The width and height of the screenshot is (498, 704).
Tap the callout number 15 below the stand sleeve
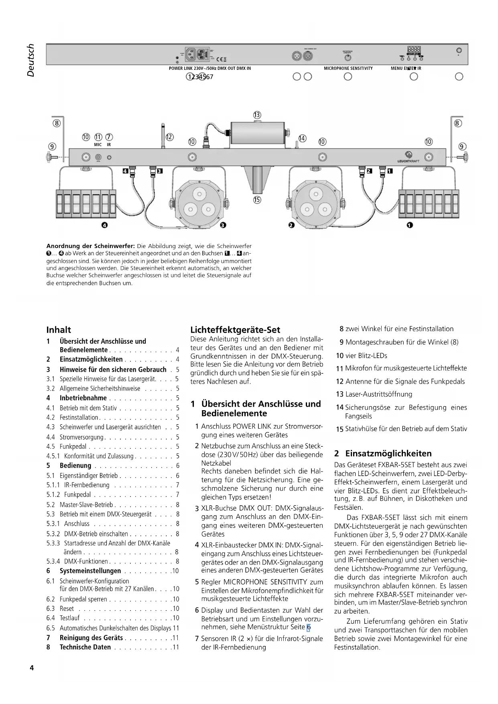click(257, 199)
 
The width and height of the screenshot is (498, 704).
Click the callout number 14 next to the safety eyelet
click(302, 138)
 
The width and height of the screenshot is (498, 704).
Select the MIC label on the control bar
click(98, 144)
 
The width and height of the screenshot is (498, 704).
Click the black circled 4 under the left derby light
click(105, 226)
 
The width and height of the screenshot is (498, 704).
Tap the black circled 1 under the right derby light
click(409, 226)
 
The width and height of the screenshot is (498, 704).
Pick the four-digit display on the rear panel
click(413, 49)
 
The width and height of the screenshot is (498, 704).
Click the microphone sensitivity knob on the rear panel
click(348, 57)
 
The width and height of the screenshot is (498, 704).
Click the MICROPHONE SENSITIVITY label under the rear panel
click(348, 69)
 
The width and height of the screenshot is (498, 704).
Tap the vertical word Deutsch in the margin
click(30, 60)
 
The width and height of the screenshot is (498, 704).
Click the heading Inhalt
click(59, 330)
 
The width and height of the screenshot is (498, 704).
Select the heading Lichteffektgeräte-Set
click(235, 330)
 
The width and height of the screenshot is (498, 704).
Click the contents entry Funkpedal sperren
click(83, 599)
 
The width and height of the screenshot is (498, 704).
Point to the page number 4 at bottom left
click(32, 668)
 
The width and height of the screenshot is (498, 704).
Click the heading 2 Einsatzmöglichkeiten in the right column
click(383, 454)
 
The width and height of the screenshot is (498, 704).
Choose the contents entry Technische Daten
click(85, 647)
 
